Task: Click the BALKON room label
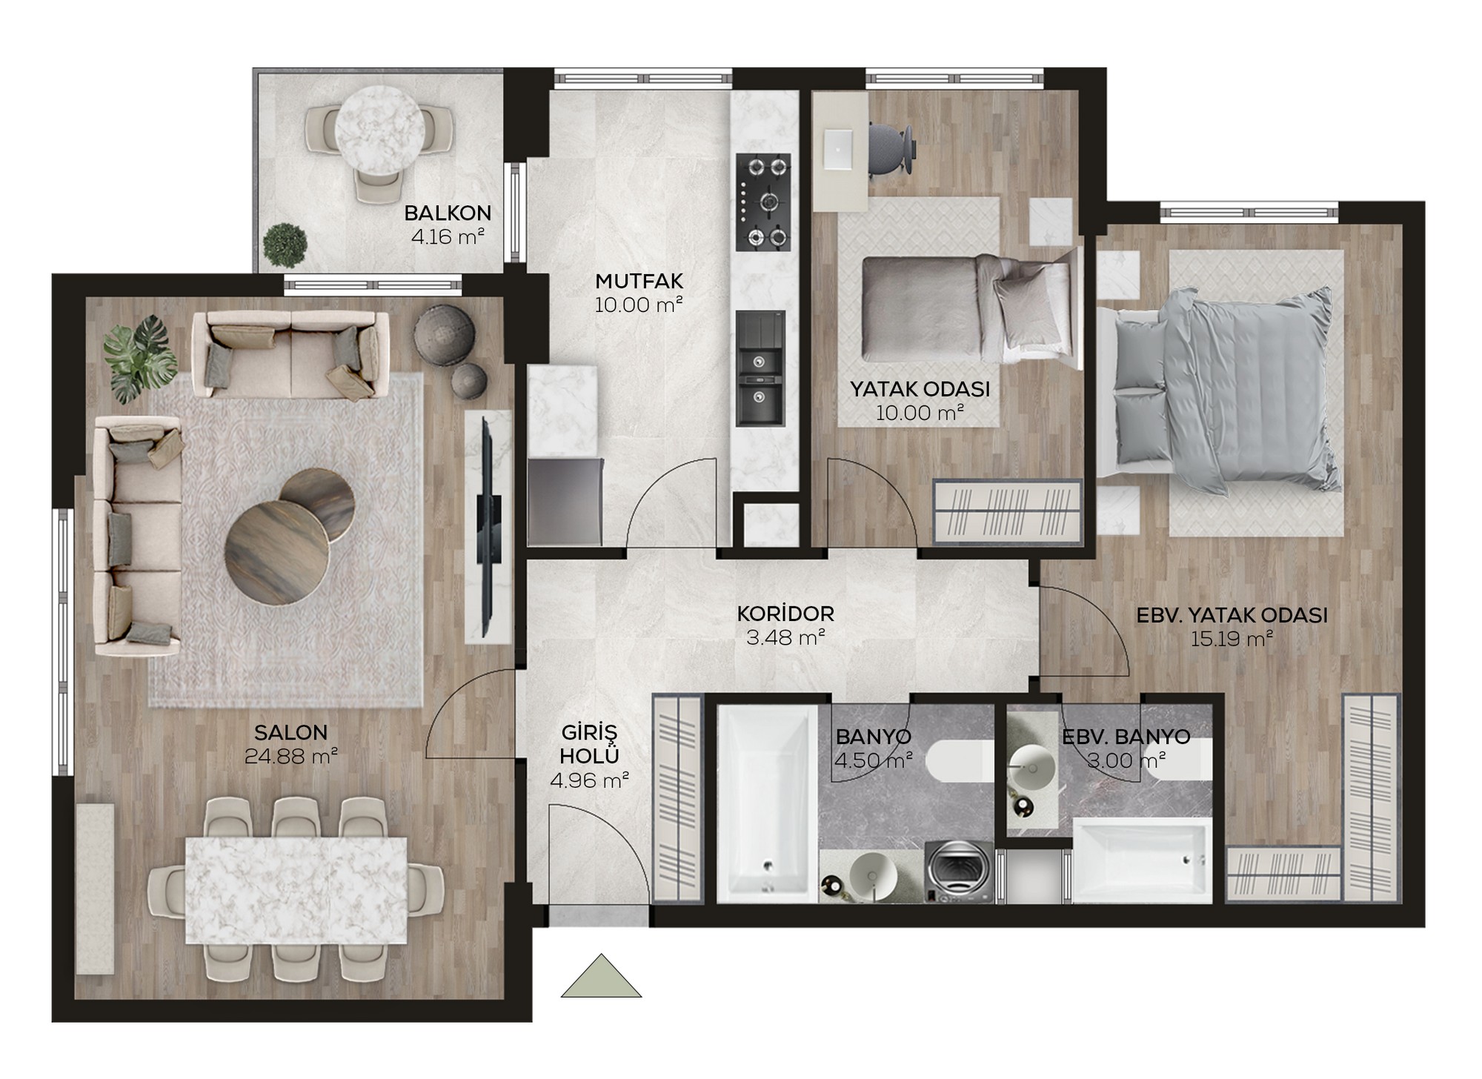pos(448,213)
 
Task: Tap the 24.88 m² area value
pos(290,756)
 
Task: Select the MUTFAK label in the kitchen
pos(639,282)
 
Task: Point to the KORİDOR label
pos(785,614)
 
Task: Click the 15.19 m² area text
pos(1232,638)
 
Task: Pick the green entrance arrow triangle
pos(601,976)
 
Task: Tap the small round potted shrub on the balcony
pos(285,245)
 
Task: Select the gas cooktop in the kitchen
pos(763,202)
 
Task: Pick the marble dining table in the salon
pos(296,890)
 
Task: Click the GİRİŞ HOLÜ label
pos(589,744)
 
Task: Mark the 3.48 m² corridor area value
pos(785,637)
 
